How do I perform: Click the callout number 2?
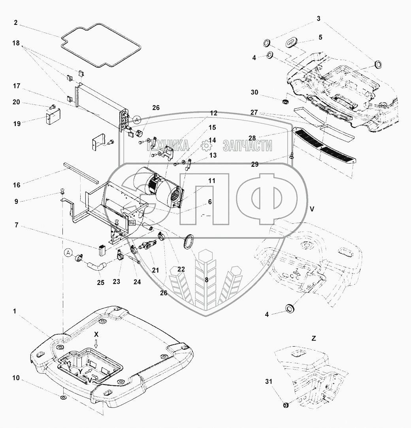click(x=16, y=23)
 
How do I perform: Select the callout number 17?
click(x=17, y=86)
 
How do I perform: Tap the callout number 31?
click(x=269, y=381)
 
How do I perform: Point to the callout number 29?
click(x=255, y=164)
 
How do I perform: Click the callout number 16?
click(x=17, y=185)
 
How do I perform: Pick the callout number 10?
click(x=16, y=378)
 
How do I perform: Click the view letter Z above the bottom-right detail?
click(x=314, y=338)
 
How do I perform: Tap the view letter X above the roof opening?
click(x=96, y=335)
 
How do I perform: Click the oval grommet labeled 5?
click(x=291, y=43)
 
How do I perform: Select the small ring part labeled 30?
click(x=285, y=102)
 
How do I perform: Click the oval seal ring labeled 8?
click(x=188, y=241)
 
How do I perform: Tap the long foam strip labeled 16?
click(x=81, y=173)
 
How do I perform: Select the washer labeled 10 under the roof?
click(x=63, y=397)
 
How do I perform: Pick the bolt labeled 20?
click(x=53, y=106)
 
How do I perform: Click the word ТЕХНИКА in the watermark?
click(x=168, y=145)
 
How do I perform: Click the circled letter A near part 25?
click(x=68, y=253)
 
